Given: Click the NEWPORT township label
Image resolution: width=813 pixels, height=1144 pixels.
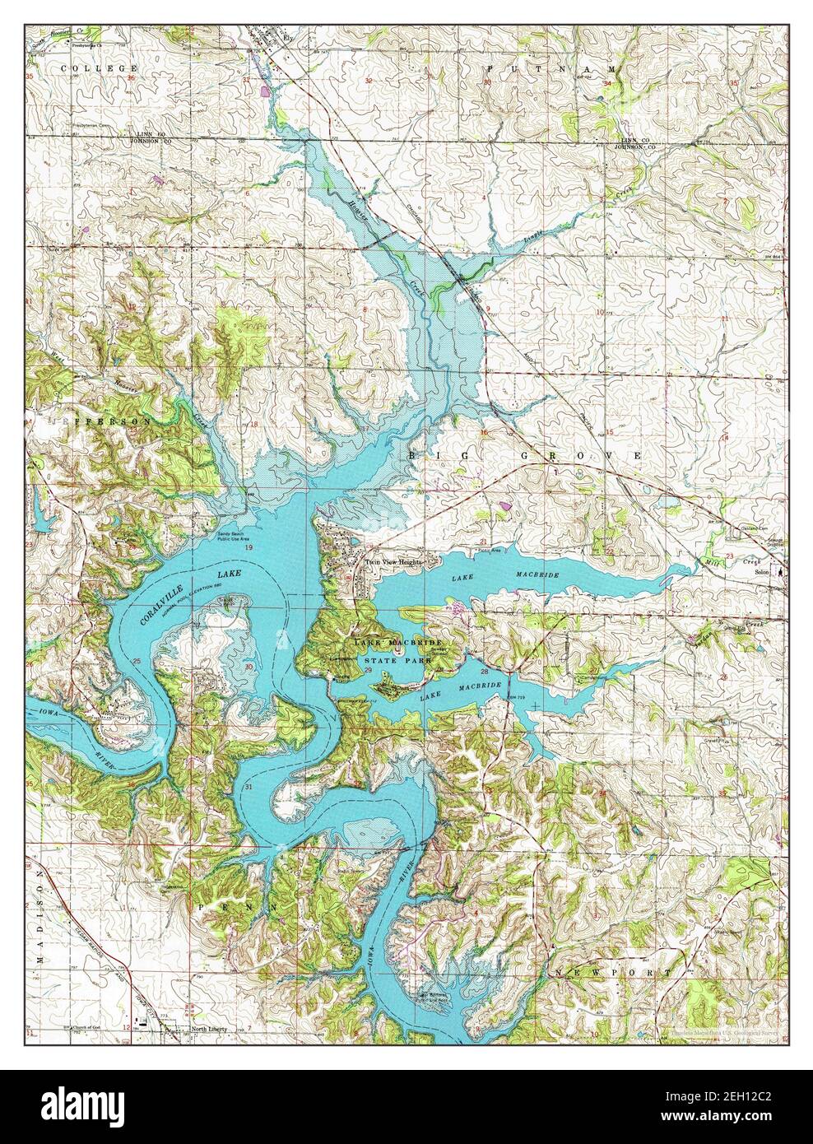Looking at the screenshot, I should pos(612,974).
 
